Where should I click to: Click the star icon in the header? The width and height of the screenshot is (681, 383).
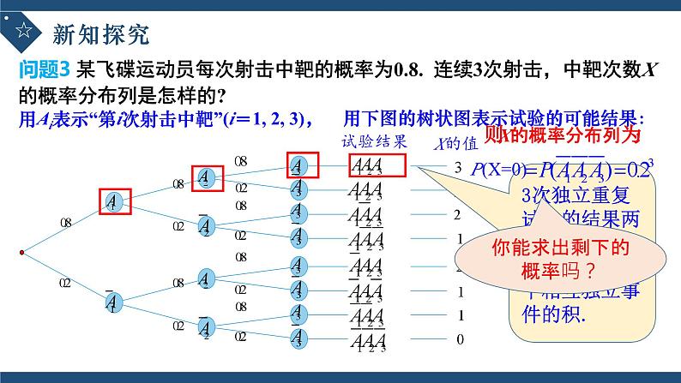pos(23,34)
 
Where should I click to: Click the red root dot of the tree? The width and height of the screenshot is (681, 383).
pos(21,252)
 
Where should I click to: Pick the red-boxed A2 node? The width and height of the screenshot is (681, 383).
pos(206,178)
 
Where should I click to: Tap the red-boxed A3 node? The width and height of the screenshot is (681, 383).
pos(297,165)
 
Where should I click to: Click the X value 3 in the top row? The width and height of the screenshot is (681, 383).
pos(458,166)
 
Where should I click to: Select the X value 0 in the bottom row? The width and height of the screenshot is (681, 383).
pos(460,340)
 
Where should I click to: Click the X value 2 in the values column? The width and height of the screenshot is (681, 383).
pos(458,214)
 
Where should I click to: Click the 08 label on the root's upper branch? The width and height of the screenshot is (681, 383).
pos(66,222)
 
